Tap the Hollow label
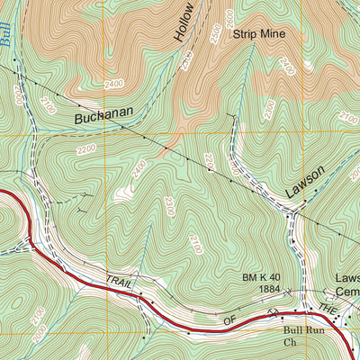184,22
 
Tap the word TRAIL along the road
119,283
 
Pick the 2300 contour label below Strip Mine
268,109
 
